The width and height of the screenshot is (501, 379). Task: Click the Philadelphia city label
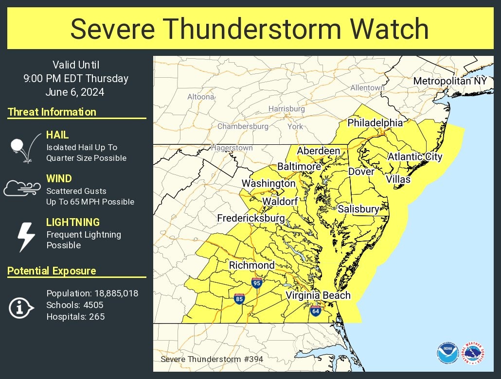(x=375, y=122)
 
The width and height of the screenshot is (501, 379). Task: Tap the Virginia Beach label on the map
(x=318, y=295)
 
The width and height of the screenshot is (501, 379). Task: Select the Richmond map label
(x=251, y=265)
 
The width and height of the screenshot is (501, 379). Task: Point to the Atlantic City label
(x=415, y=156)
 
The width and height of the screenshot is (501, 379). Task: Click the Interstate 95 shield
(x=257, y=283)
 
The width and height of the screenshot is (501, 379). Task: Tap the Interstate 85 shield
(x=239, y=299)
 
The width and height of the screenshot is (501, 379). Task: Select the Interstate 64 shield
(x=315, y=311)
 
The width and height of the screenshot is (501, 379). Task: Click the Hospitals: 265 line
(x=75, y=317)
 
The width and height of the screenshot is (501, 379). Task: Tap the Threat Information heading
(x=52, y=112)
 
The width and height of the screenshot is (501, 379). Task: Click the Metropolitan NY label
(x=449, y=81)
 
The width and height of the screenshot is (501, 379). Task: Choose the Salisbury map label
(x=358, y=209)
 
